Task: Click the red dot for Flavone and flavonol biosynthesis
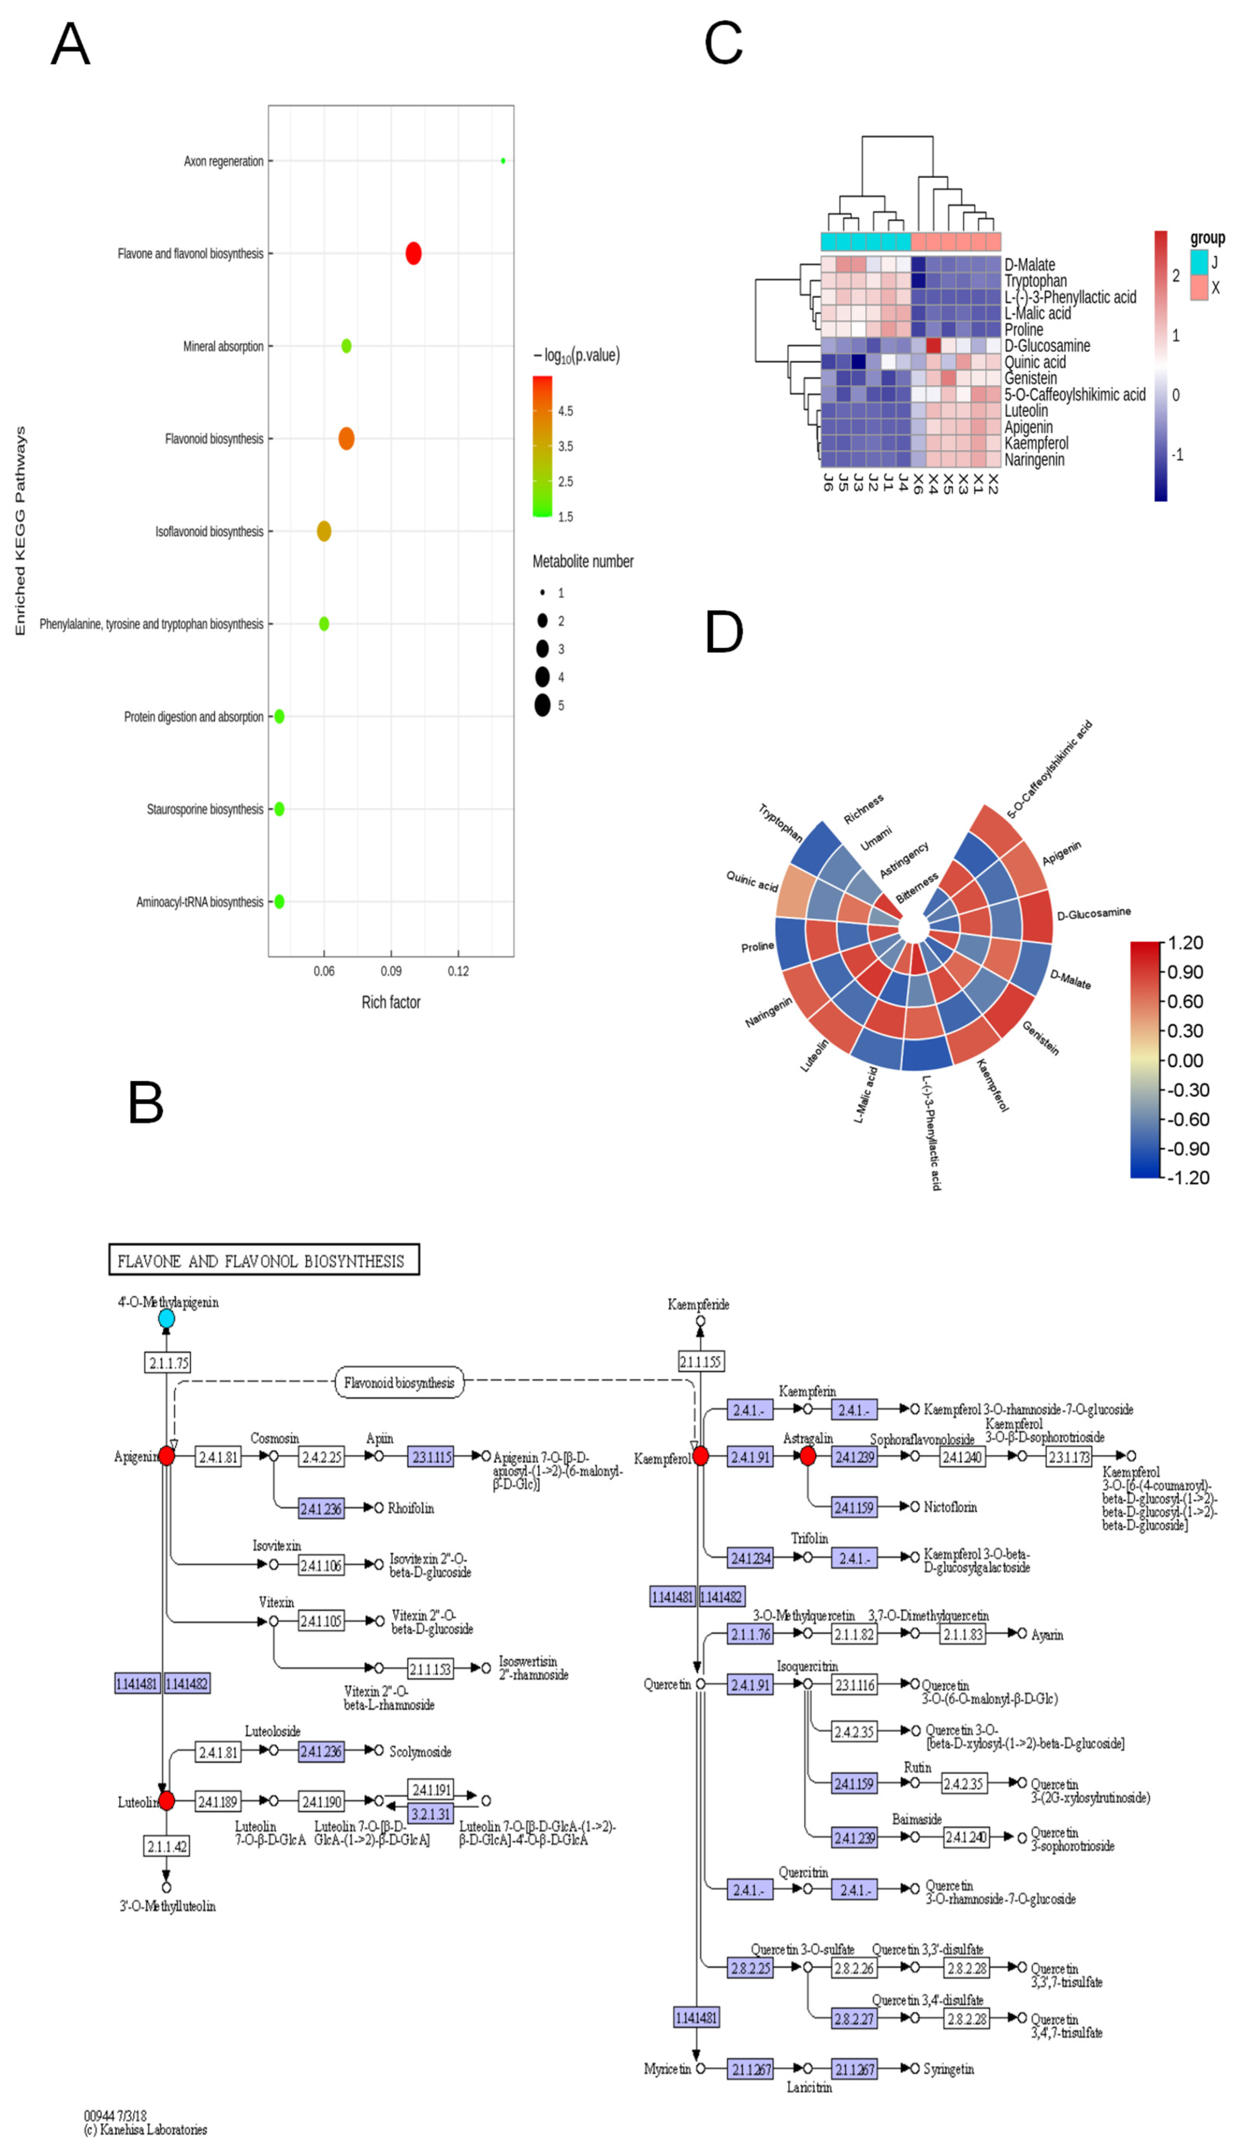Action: [x=413, y=253]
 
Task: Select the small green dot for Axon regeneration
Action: [x=503, y=161]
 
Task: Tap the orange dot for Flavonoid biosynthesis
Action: [x=346, y=438]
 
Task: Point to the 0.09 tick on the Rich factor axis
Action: [x=391, y=971]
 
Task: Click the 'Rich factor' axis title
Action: [x=391, y=1002]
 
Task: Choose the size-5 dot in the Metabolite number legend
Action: [x=542, y=705]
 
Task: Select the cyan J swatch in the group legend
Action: [x=1199, y=262]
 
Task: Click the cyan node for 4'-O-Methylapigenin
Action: [x=166, y=1319]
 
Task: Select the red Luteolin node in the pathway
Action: [x=166, y=1801]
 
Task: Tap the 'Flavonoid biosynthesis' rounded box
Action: [x=399, y=1383]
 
